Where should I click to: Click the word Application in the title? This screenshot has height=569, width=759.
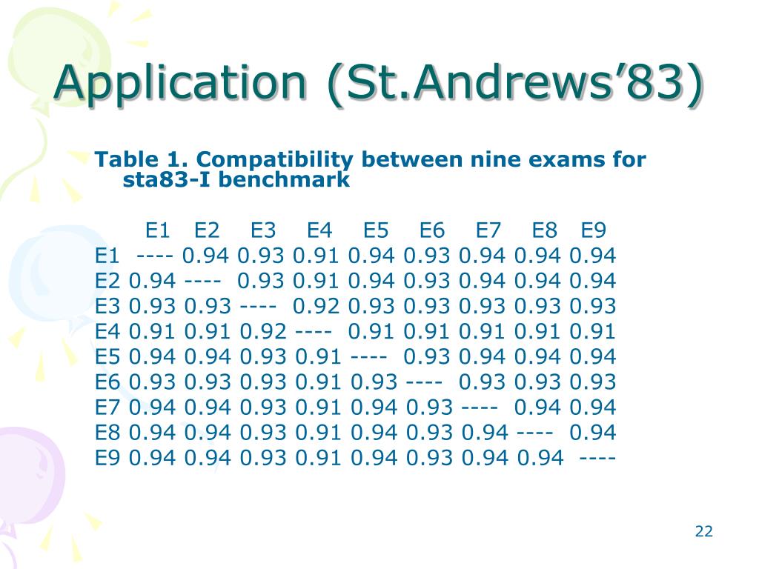click(180, 83)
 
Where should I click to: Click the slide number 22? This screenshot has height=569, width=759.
click(704, 531)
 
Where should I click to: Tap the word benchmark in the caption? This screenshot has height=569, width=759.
click(284, 179)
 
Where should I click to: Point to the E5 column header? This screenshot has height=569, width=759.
click(376, 230)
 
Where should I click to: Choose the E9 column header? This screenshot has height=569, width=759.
click(594, 230)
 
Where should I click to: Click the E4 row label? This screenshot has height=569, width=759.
click(107, 331)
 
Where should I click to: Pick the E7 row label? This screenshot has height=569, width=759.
click(107, 407)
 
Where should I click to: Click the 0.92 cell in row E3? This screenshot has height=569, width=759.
click(316, 306)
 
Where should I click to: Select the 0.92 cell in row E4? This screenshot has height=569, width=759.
click(263, 331)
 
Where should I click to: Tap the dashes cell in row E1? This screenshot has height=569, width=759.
click(155, 256)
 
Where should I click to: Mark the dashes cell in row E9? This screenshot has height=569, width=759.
click(597, 458)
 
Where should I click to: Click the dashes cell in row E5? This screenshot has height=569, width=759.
click(369, 356)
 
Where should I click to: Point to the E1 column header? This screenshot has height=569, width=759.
click(157, 230)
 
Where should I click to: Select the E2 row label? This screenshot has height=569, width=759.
click(107, 281)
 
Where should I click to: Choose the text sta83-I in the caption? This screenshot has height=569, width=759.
click(168, 179)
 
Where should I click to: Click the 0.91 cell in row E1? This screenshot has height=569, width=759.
click(316, 256)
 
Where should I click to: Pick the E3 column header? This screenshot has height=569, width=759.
click(263, 230)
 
